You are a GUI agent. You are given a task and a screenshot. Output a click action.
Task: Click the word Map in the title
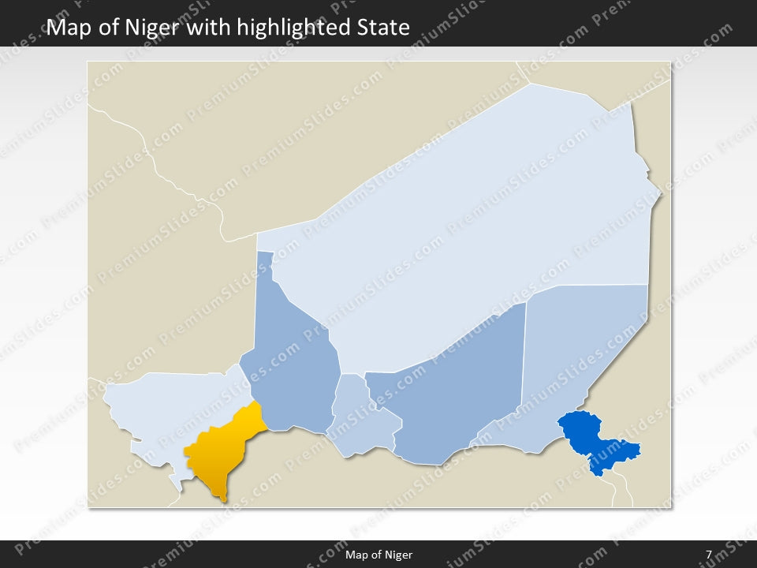(x=68, y=28)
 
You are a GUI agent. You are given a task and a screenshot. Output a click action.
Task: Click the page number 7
(x=709, y=555)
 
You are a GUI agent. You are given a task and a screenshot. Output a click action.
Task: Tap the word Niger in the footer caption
(x=399, y=555)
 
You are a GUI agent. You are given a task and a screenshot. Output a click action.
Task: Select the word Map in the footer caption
(x=356, y=555)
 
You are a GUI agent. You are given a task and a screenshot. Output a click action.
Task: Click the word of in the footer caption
(x=376, y=555)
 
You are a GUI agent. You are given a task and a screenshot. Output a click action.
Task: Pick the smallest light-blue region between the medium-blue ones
(x=363, y=418)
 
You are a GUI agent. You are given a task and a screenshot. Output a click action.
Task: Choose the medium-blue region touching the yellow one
(x=292, y=363)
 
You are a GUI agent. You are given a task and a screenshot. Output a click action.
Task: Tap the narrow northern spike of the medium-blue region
(x=266, y=264)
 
